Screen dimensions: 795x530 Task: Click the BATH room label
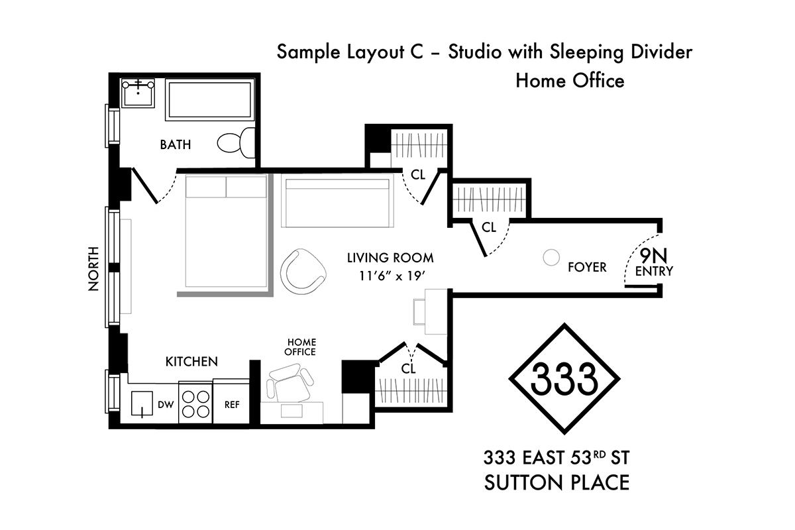coord(176,144)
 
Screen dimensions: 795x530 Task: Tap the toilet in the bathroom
coord(236,143)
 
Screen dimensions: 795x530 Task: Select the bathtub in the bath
coord(210,100)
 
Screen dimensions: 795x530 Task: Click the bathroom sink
coord(138,93)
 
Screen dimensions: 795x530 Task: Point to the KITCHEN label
coord(191,362)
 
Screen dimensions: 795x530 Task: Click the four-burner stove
coord(195,403)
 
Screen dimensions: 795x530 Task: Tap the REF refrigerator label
coord(232,405)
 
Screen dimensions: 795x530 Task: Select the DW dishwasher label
coord(166,405)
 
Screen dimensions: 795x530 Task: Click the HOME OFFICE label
coord(300,347)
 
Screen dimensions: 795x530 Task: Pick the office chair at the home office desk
coord(290,384)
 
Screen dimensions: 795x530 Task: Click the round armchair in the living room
coord(303,271)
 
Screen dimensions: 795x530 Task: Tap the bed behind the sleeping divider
coord(226,231)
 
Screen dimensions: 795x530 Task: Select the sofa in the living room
coord(337,201)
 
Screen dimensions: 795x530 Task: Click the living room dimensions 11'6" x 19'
coord(392,276)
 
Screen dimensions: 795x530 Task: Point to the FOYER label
coord(587,267)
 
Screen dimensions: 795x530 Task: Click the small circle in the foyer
coord(551,257)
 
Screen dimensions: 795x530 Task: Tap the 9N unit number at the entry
coord(653,256)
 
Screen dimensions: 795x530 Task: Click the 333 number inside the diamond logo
coord(564,379)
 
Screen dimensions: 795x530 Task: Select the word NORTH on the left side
coord(93,269)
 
